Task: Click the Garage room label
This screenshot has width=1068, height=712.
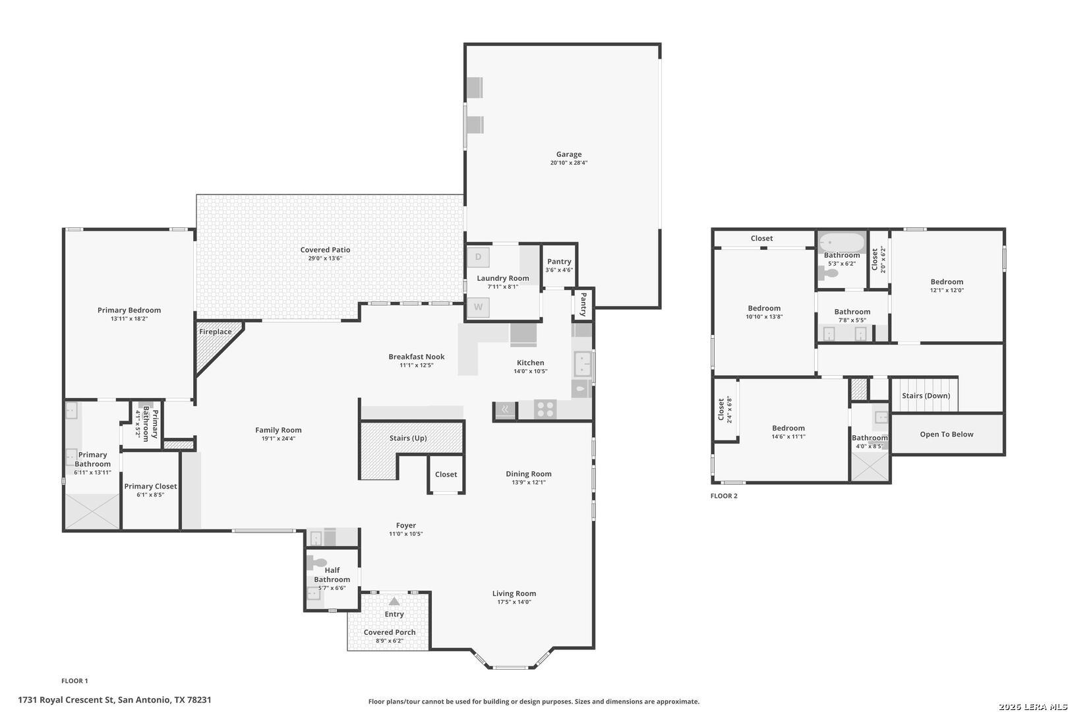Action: (x=569, y=154)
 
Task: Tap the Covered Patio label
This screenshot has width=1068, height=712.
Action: (x=325, y=249)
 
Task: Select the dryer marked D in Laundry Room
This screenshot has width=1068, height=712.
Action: (x=478, y=257)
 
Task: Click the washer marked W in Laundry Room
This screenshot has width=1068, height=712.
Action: (x=478, y=307)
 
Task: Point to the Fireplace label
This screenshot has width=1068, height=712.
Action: (x=216, y=332)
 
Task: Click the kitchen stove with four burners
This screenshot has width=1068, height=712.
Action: (x=545, y=409)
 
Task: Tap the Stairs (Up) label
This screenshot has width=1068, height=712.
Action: (x=408, y=438)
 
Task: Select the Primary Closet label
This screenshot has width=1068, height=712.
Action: (x=151, y=486)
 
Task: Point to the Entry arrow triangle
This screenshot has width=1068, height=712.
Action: (x=394, y=601)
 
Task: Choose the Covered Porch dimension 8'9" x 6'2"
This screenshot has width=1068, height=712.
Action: (x=390, y=640)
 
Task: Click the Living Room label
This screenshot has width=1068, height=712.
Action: (x=514, y=593)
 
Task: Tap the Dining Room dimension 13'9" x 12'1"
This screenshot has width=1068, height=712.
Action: (x=529, y=482)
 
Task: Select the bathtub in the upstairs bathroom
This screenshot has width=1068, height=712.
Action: (x=842, y=242)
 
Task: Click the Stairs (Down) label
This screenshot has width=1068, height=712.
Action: (x=926, y=396)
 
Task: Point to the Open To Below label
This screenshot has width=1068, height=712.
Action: (x=947, y=434)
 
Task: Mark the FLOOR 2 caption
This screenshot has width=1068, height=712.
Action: (x=724, y=496)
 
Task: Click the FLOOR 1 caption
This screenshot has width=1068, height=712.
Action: (x=75, y=680)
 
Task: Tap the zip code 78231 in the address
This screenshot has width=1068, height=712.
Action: (x=199, y=699)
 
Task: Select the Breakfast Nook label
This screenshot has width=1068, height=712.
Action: (x=416, y=356)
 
